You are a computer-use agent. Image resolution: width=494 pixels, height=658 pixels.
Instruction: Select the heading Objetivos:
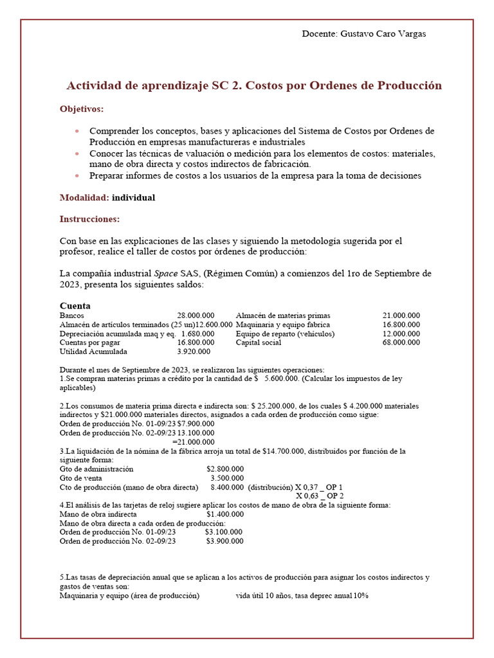(82, 109)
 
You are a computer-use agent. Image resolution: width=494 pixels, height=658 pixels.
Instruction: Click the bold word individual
(133, 197)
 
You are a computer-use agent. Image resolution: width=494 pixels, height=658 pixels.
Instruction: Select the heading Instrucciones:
(89, 219)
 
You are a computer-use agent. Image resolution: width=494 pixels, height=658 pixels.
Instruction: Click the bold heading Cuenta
(75, 306)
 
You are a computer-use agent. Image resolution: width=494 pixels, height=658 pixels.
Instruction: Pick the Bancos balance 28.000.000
(196, 316)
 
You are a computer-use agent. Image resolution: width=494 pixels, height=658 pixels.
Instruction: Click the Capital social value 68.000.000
(401, 342)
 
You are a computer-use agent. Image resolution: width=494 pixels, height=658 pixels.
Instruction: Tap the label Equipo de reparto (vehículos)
(285, 333)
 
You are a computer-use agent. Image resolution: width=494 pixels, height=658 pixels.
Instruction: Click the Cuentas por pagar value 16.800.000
(196, 342)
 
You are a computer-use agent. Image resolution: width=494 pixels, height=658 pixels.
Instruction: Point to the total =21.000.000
(194, 441)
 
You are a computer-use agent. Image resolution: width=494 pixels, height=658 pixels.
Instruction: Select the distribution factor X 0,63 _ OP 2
(320, 495)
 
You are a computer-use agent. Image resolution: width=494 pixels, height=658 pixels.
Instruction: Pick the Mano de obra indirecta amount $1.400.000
(225, 514)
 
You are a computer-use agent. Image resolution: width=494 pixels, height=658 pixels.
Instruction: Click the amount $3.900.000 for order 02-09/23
(224, 541)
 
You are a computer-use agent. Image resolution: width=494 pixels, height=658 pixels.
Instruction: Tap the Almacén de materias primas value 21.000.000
(401, 316)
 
